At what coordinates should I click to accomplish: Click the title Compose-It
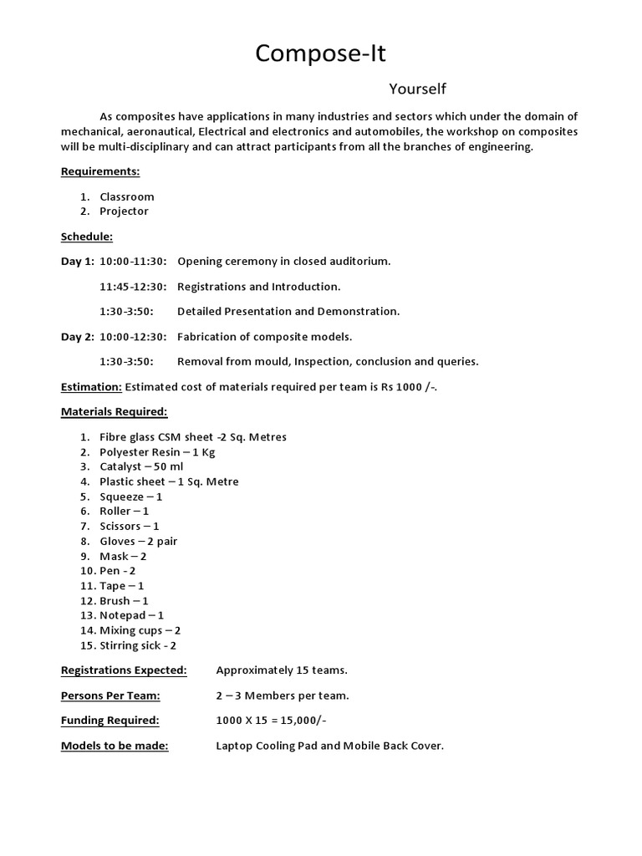321,53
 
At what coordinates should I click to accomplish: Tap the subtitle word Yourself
417,89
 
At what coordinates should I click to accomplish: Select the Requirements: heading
100,171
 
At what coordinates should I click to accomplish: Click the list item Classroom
127,196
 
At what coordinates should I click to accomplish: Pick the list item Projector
124,211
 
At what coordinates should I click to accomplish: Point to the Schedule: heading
86,237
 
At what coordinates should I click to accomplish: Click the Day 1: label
78,262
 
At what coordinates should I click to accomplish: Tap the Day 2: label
78,337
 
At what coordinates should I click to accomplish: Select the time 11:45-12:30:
133,287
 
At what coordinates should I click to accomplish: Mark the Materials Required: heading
114,412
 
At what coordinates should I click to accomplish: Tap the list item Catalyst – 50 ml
141,467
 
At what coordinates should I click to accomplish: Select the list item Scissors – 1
129,527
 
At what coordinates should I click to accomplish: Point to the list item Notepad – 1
131,615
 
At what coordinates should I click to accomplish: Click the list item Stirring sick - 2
138,645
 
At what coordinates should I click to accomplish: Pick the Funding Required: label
110,721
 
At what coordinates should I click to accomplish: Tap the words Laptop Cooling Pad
267,746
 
